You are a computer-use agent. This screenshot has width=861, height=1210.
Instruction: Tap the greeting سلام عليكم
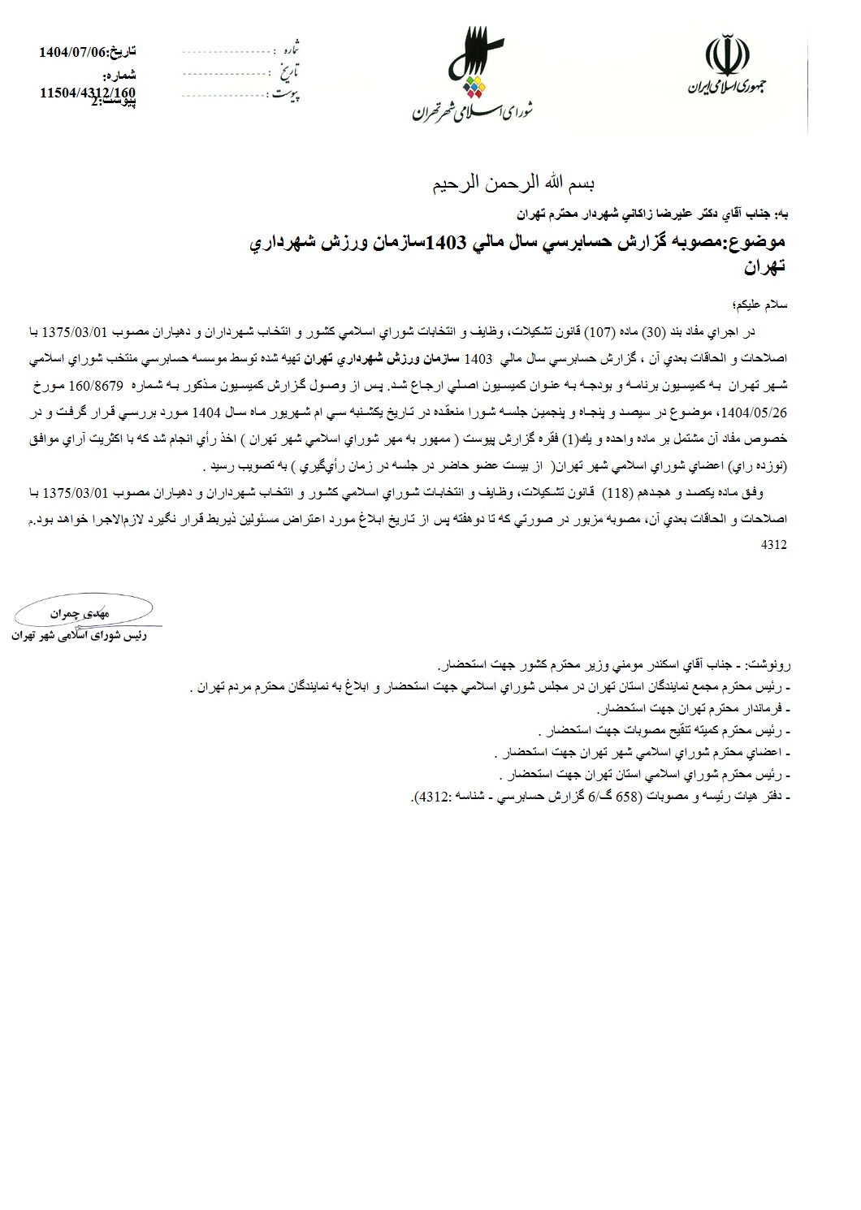point(760,305)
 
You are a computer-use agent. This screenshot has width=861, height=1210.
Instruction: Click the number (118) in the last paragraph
point(620,493)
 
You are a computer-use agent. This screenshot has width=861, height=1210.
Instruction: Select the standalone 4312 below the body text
point(775,546)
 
